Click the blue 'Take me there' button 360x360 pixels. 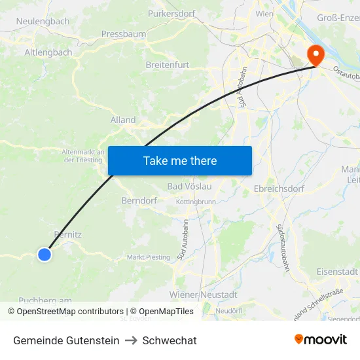(x=179, y=160)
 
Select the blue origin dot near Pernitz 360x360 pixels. (x=44, y=254)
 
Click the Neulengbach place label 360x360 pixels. (x=43, y=21)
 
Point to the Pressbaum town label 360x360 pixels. (x=123, y=33)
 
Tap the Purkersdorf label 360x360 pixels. (x=172, y=13)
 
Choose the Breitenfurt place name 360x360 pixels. (x=168, y=65)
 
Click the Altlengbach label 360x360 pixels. (x=48, y=52)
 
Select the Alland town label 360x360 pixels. (x=123, y=120)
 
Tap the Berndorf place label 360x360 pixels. (x=139, y=200)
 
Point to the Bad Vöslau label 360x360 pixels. (x=189, y=187)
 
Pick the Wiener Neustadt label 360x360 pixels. (x=203, y=295)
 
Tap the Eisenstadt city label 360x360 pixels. (x=336, y=271)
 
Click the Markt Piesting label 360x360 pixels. (x=148, y=257)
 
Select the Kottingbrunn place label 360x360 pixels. (x=196, y=202)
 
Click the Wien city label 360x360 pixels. (x=264, y=13)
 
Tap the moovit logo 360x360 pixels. (x=320, y=340)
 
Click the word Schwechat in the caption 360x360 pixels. (x=170, y=340)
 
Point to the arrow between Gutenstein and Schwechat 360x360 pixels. (x=131, y=340)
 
